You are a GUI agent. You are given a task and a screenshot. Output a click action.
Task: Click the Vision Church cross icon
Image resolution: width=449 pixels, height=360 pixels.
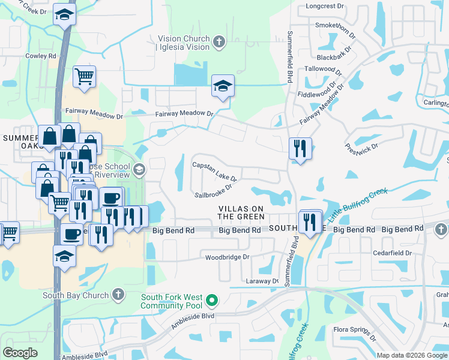[219, 42]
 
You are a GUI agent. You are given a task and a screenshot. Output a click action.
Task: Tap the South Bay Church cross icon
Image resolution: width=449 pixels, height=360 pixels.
[118, 295]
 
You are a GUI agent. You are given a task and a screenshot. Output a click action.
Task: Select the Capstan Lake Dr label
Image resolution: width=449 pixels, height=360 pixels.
[214, 171]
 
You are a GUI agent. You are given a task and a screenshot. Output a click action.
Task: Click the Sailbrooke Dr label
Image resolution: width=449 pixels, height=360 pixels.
[213, 191]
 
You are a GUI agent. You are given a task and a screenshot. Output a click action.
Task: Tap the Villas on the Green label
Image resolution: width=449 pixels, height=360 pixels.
[241, 212]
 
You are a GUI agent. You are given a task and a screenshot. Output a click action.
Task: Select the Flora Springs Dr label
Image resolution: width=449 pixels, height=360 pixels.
[355, 333]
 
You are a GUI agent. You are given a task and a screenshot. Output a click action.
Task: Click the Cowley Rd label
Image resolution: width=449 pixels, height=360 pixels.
[41, 56]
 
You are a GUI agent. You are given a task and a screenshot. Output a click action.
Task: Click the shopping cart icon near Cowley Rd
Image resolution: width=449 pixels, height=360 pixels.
[84, 76]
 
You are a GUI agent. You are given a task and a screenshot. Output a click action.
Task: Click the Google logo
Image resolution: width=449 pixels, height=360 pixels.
[20, 353]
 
